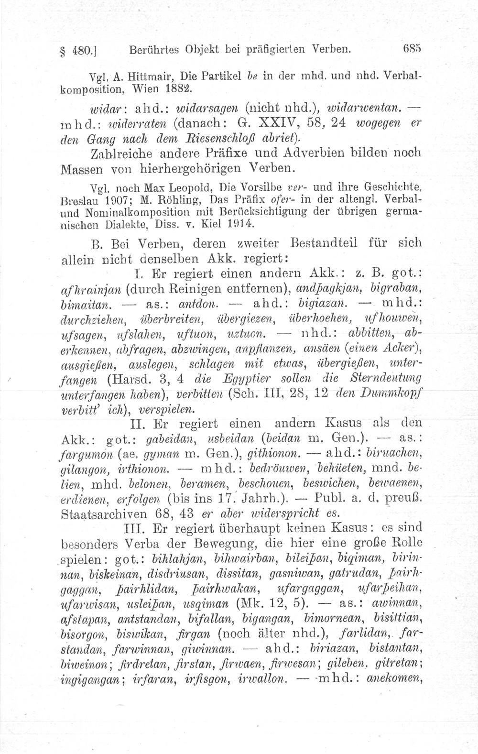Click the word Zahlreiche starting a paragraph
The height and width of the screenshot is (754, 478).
pos(119,154)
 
